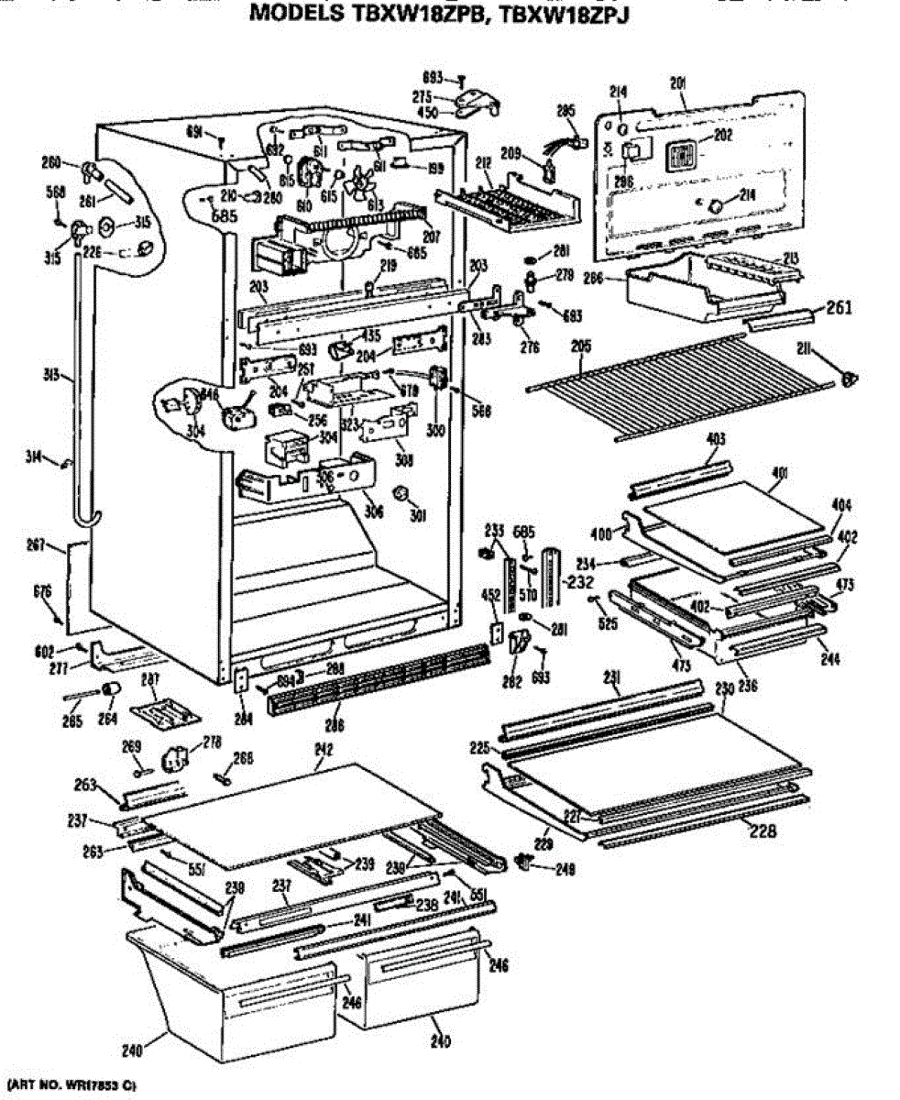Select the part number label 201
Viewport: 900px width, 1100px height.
(679, 83)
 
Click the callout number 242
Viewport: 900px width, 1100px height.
(323, 749)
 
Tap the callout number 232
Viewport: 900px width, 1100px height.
(580, 581)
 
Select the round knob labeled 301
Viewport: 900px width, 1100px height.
(400, 495)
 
